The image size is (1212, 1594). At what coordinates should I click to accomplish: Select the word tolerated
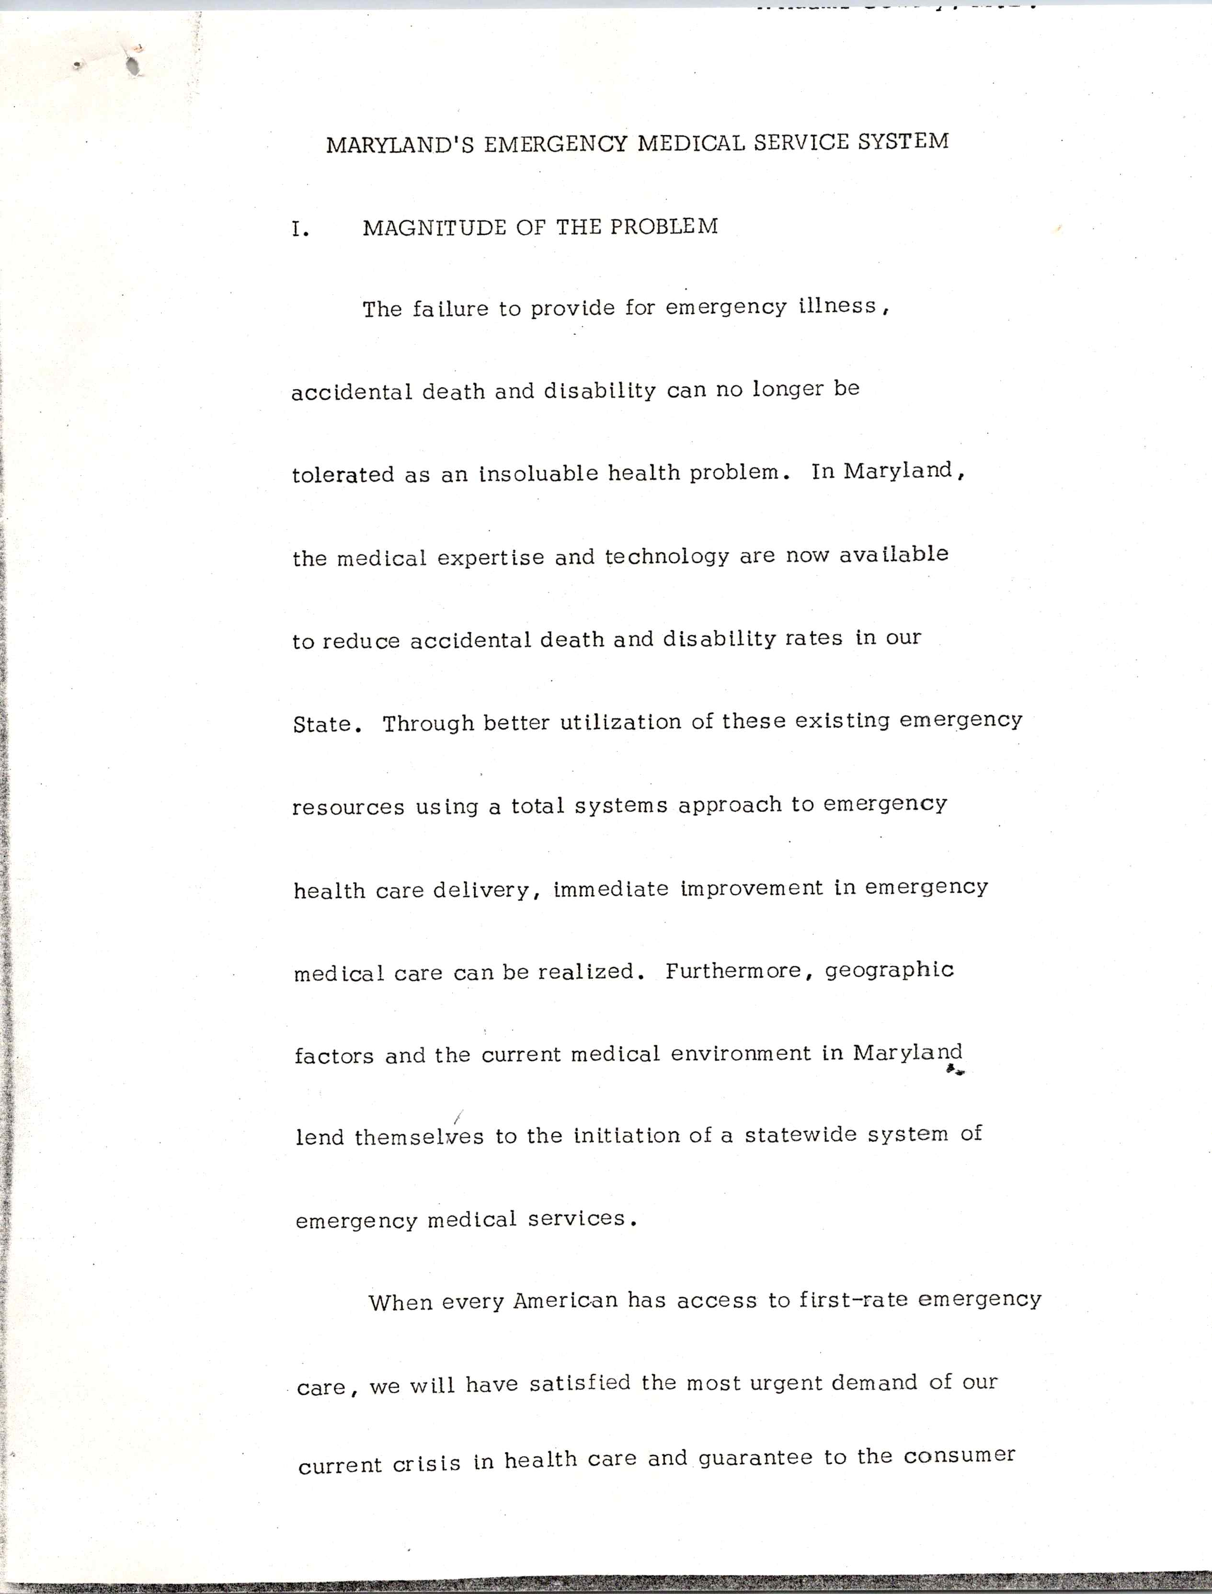pyautogui.click(x=343, y=475)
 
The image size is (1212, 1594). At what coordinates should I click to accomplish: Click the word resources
pyautogui.click(x=348, y=807)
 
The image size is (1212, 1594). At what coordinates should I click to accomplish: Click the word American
pyautogui.click(x=566, y=1300)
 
